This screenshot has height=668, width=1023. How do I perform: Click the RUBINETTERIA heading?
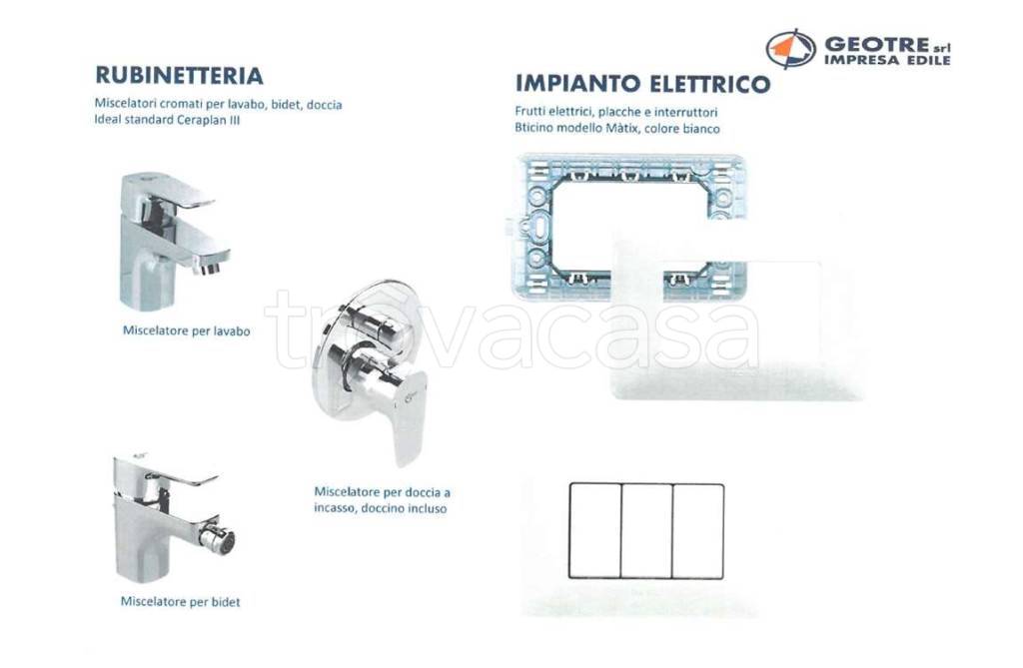(179, 76)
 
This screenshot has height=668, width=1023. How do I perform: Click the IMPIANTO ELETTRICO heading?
(642, 83)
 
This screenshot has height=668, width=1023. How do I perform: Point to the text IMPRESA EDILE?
(885, 60)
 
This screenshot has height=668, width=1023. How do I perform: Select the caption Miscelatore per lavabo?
(186, 331)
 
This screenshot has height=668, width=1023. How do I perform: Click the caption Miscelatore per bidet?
(180, 602)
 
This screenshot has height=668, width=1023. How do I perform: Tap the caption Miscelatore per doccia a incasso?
(382, 499)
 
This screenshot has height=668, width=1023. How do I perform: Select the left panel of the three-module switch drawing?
(595, 530)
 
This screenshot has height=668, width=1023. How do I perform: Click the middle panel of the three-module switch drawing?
(646, 530)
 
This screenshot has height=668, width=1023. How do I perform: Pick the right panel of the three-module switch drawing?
(697, 530)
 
